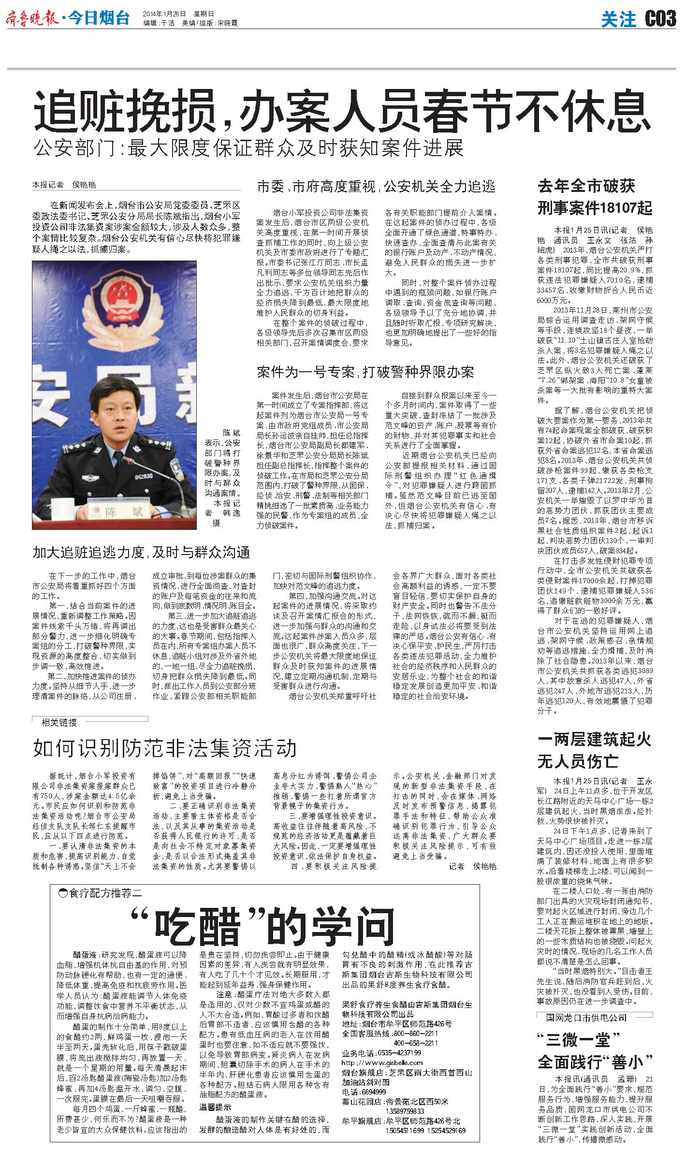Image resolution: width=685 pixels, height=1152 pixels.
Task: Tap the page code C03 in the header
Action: coord(660,19)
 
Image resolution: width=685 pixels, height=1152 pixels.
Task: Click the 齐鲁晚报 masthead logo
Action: coord(33,19)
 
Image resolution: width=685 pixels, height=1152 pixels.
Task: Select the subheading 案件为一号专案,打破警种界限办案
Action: coord(365,371)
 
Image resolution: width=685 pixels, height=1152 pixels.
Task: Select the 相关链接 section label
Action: coord(59,723)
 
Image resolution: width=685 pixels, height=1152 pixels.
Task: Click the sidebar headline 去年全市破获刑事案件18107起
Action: coord(595,197)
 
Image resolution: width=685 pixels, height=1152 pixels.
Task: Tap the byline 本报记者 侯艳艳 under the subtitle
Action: coord(64,185)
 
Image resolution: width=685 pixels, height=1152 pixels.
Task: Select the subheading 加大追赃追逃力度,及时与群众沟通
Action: coord(141,552)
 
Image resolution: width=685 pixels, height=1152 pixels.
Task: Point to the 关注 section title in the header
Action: coord(619,19)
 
